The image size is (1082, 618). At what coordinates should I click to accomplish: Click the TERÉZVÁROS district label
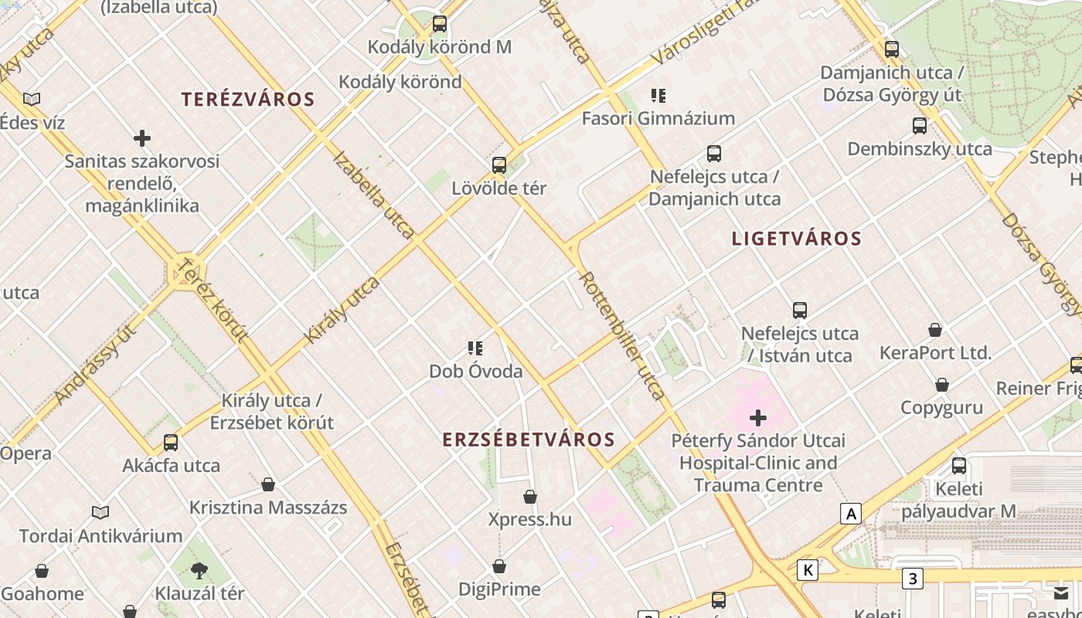(x=248, y=100)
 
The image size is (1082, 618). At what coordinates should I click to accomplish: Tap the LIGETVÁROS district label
(x=796, y=239)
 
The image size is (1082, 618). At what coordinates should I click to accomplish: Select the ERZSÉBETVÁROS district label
(x=529, y=440)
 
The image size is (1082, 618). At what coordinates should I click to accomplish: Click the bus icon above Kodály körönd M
(x=440, y=24)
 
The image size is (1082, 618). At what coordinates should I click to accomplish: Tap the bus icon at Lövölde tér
(x=499, y=165)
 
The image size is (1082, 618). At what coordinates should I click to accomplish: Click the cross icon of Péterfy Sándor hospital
(x=758, y=418)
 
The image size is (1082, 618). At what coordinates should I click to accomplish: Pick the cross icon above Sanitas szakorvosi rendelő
(x=142, y=139)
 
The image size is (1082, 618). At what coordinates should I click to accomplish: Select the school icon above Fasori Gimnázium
(x=658, y=96)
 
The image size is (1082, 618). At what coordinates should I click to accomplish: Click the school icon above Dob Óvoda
(x=475, y=348)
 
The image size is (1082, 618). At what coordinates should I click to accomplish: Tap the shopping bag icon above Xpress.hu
(x=530, y=496)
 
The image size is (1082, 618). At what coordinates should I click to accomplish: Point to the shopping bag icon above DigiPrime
(x=499, y=566)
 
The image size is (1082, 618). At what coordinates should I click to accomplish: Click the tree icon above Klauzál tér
(x=199, y=571)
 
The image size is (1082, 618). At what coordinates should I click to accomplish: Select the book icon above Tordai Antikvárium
(x=100, y=512)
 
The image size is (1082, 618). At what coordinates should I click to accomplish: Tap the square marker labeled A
(x=851, y=514)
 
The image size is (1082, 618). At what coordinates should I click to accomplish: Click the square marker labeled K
(x=808, y=570)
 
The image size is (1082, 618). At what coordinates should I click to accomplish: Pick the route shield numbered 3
(x=913, y=578)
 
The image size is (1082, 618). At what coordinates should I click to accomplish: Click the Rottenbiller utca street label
(x=622, y=335)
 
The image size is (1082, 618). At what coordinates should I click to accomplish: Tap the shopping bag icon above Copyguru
(x=942, y=385)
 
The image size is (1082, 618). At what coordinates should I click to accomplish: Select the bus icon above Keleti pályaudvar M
(x=959, y=466)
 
